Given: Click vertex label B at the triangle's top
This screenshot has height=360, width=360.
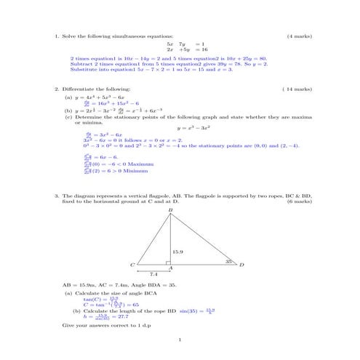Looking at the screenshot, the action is tap(170, 212).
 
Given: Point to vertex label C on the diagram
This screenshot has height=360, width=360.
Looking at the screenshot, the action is tap(132, 265).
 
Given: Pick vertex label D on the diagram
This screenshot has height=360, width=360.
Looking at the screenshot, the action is tap(242, 265).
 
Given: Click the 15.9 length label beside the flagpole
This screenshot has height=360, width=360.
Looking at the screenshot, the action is tap(177, 250).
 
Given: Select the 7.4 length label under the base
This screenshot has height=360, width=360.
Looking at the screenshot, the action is tap(153, 274).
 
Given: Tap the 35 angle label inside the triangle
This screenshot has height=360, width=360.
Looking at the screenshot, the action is tap(228, 260).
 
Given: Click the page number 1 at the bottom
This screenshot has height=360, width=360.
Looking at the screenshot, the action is tap(180, 340).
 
